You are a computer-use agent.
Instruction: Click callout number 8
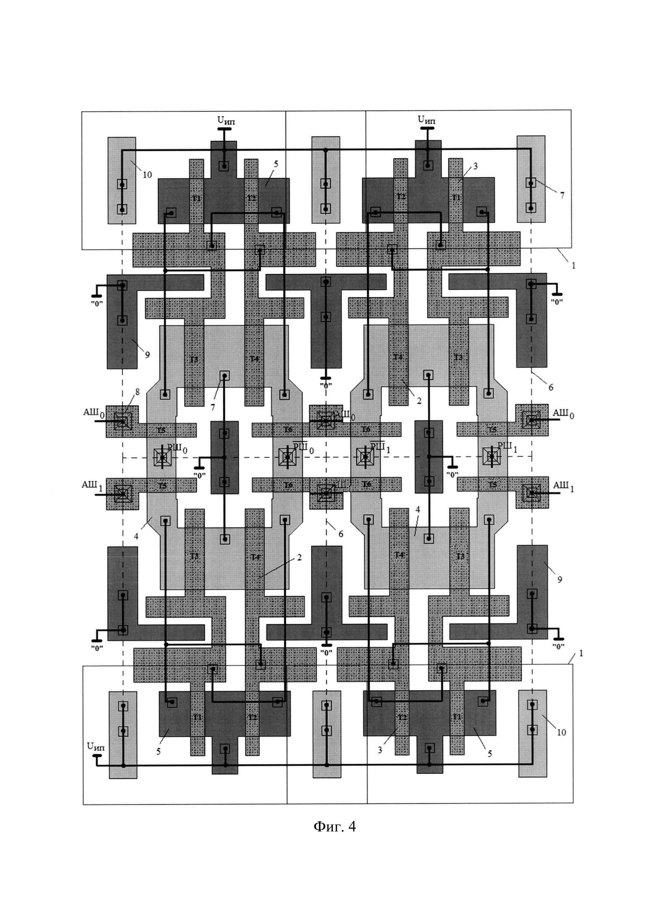coord(138,392)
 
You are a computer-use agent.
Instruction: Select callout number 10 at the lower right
coord(561,732)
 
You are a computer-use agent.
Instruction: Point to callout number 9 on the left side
coord(147,355)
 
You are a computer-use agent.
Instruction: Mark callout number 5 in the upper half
coord(276,164)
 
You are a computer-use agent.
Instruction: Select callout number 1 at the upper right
coord(573,265)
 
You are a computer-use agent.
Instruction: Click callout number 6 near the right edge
coord(551,387)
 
